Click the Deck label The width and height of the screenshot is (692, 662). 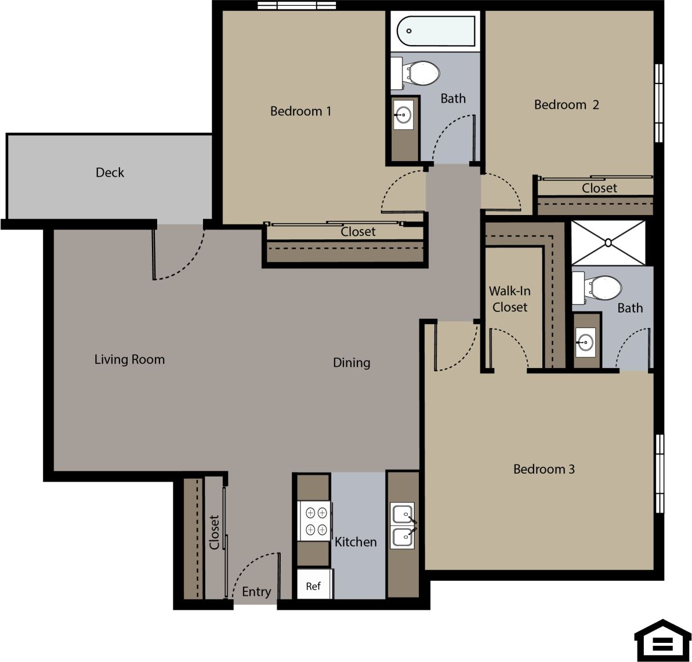(x=110, y=172)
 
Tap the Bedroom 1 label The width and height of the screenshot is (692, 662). (x=300, y=111)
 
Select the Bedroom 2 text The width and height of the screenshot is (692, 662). (x=566, y=105)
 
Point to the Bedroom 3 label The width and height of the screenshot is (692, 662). (x=544, y=469)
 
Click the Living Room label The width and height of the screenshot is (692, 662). (x=129, y=359)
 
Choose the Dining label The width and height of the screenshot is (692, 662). (x=351, y=363)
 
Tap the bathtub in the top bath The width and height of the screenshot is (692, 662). (x=436, y=30)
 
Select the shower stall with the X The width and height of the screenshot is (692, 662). (x=608, y=242)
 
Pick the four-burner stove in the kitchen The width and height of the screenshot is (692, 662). (x=314, y=521)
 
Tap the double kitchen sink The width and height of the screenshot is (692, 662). (x=402, y=525)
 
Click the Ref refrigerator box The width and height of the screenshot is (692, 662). (x=314, y=585)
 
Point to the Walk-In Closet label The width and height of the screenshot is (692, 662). (x=509, y=299)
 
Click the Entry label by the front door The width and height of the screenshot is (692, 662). (x=256, y=592)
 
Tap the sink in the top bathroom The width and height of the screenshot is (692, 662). (x=403, y=115)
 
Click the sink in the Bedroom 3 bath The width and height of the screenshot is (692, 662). (x=585, y=342)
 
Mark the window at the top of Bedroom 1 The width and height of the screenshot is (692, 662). (x=296, y=6)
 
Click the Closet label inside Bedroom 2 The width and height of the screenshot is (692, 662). (x=599, y=188)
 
